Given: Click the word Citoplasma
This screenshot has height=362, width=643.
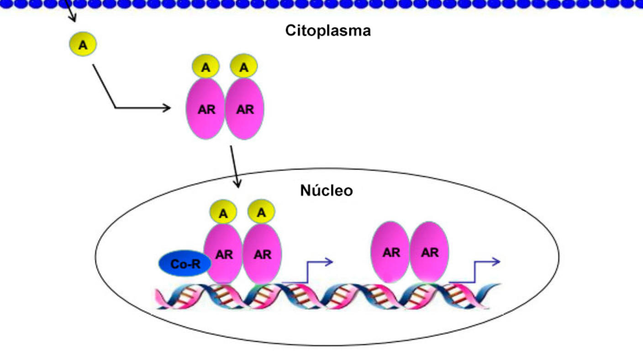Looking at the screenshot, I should pos(328,31).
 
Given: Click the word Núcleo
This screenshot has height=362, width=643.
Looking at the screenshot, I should pos(326,190).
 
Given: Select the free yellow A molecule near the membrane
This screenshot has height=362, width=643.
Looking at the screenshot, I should pos(83,45).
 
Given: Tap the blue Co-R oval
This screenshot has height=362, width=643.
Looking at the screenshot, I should pos(185,264).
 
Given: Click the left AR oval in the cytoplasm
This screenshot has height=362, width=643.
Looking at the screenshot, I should pos(206,109).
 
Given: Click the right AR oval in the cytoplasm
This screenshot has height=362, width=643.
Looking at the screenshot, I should pos(245,109).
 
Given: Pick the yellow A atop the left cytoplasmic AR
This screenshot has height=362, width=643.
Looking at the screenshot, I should pos(206,68).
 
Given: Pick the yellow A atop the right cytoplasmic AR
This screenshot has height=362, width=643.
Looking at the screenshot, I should pos(244,68).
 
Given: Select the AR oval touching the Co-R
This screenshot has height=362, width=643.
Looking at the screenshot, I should pos(223,254).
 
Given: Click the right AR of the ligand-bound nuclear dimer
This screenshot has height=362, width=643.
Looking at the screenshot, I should pos(262,254).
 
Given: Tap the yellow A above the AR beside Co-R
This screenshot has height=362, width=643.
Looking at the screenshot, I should pos(223,213).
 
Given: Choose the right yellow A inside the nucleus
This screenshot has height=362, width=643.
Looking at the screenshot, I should pos(261,213).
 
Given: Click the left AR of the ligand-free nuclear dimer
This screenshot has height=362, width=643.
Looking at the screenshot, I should pos(391,252).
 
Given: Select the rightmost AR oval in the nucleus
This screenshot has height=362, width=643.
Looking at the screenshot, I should pos(429,252).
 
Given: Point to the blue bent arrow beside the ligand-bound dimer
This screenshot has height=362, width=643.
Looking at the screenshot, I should pos(311,270).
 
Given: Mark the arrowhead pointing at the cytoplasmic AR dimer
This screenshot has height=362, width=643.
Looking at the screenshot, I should pos(167,108).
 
